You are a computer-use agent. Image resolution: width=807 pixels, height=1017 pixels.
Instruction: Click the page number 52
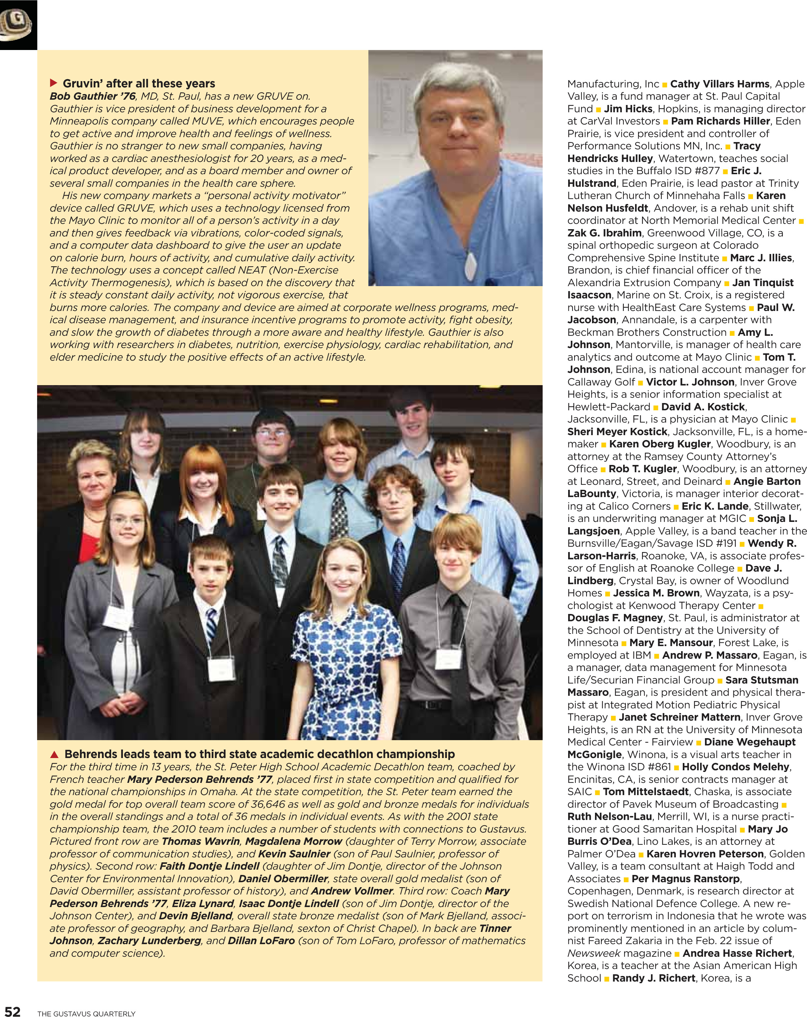coord(13,1010)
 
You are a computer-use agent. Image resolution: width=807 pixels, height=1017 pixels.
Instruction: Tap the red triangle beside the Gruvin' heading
coord(53,83)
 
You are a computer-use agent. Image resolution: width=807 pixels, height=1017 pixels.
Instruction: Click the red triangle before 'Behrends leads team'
coord(54,754)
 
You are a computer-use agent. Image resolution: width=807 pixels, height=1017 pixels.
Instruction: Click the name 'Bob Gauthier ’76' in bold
coord(92,96)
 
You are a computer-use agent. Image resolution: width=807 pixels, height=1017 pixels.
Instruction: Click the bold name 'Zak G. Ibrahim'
coord(604,233)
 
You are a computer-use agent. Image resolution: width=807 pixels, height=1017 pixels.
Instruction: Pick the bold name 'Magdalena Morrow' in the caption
coord(293,841)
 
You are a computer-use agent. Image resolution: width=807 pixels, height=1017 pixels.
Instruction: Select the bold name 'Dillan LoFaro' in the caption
coord(261,941)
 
